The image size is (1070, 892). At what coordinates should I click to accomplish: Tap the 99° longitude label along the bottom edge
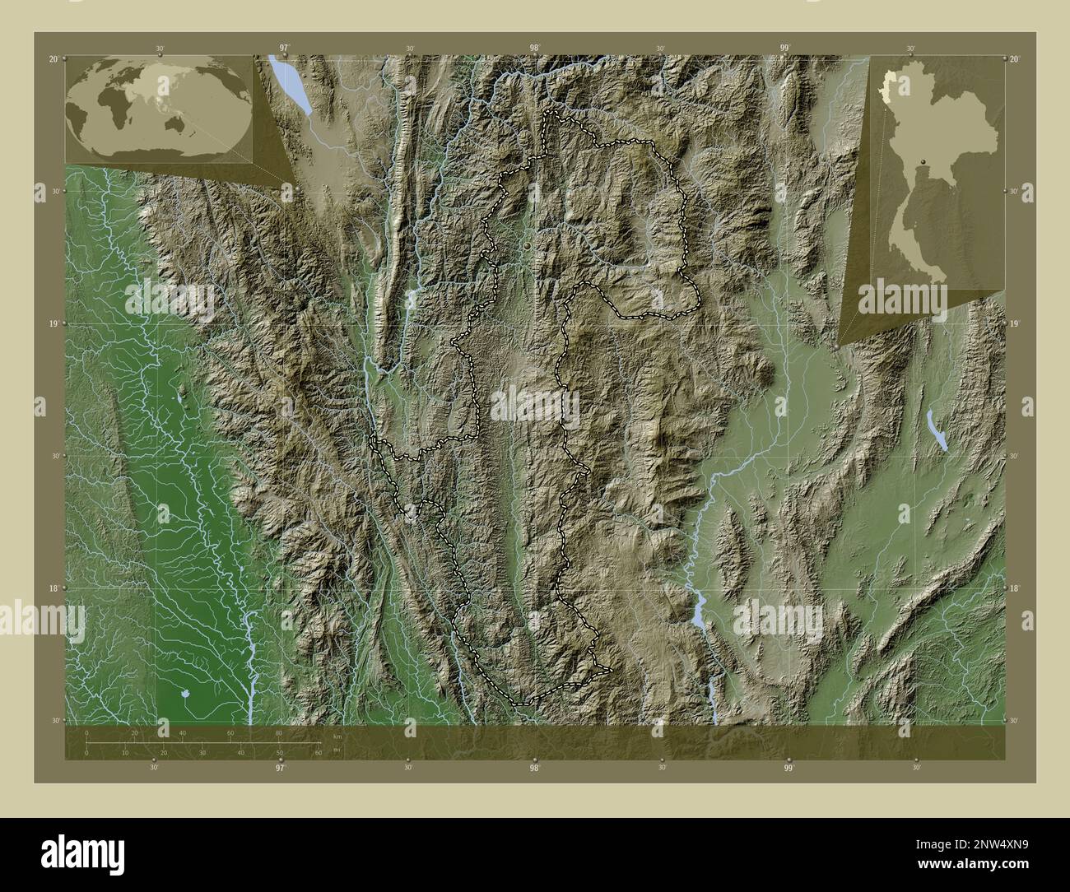(x=789, y=769)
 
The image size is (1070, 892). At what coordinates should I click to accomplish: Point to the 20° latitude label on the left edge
(x=53, y=59)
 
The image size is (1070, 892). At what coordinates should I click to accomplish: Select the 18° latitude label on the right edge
(x=1014, y=588)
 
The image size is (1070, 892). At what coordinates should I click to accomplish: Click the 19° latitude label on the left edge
(x=53, y=324)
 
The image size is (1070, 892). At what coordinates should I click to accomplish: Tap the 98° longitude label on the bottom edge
(x=534, y=769)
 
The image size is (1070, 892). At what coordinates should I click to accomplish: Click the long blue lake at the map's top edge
(x=291, y=83)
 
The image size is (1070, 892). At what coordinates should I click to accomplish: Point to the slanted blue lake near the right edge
(x=937, y=430)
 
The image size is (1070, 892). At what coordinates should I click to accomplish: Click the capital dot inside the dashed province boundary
(x=528, y=244)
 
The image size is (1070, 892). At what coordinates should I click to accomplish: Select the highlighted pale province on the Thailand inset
(x=887, y=86)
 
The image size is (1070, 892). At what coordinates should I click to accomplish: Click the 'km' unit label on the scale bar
(x=337, y=736)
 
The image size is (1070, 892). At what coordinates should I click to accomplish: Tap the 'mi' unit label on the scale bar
(x=336, y=749)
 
